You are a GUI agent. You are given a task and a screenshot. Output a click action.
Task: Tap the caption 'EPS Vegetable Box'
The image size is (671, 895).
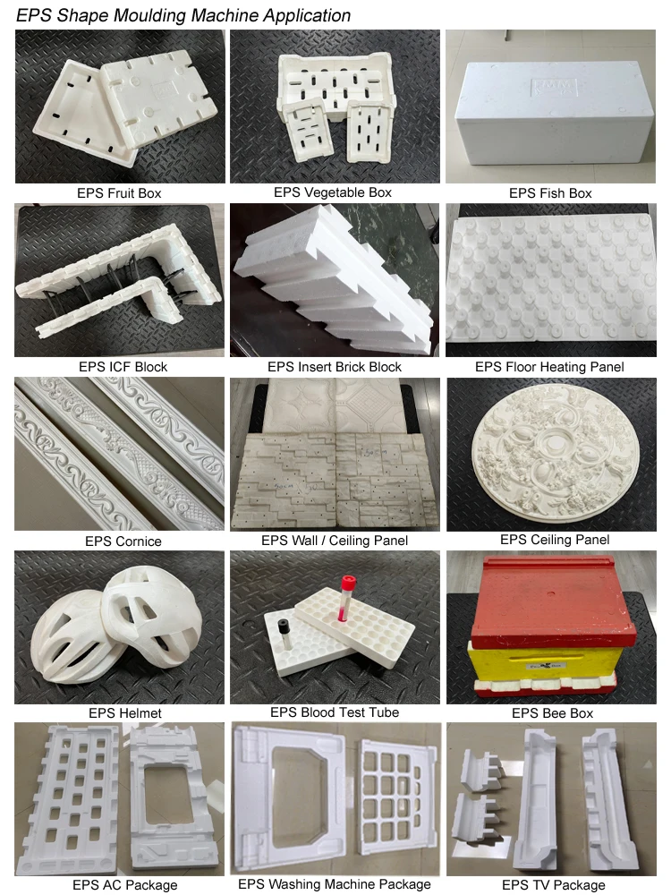[x=333, y=192]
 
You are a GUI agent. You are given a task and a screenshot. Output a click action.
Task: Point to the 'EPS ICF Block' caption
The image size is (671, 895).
[x=123, y=366]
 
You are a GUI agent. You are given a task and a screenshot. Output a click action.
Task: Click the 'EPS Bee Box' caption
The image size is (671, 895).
[x=552, y=713]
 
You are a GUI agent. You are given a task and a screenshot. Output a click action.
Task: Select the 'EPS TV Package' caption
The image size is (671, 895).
[x=553, y=884]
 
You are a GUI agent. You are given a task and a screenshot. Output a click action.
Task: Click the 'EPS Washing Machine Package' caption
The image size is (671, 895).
[x=334, y=884]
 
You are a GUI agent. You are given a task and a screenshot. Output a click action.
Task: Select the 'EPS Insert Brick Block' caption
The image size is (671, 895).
[x=335, y=366]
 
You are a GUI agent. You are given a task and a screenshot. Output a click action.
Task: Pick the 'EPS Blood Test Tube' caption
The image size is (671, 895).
[x=334, y=712]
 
